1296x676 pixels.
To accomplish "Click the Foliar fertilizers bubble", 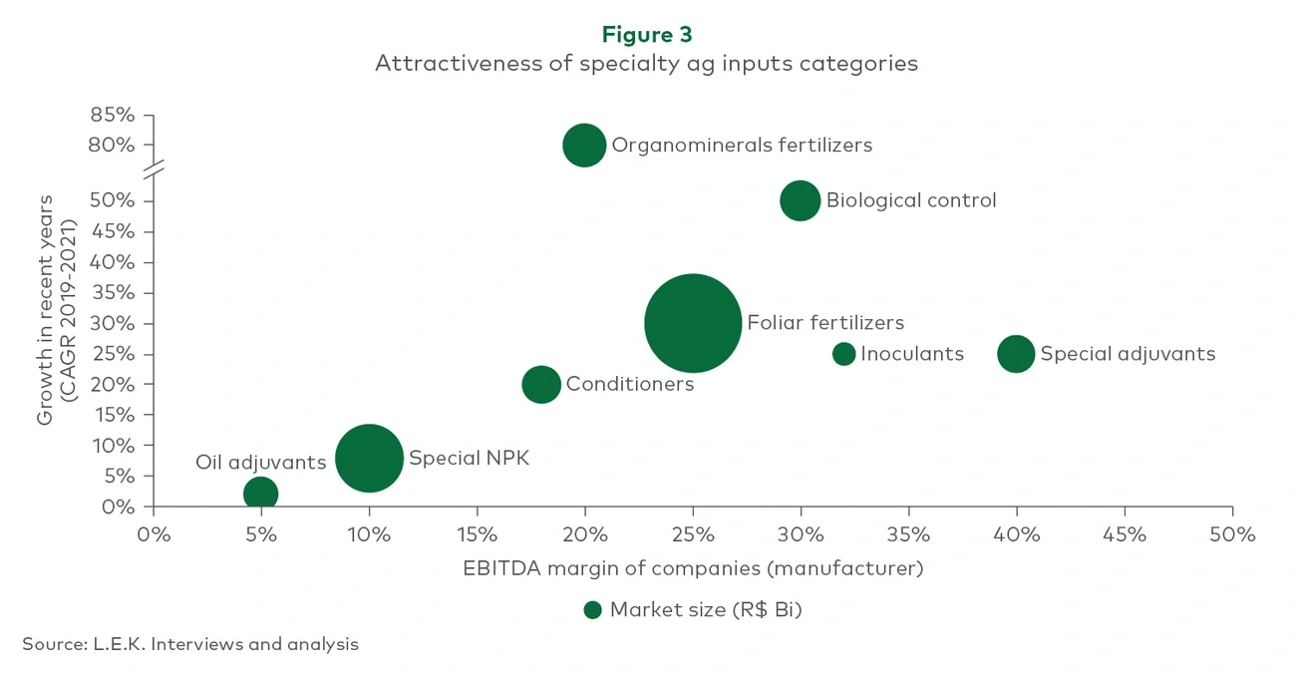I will coord(693,323).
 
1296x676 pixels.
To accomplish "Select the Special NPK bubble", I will coord(369,458).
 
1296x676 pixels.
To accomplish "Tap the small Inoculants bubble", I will coord(843,354).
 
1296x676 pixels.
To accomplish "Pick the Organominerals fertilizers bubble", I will coord(584,145).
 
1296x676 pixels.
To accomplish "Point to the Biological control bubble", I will coord(800,200).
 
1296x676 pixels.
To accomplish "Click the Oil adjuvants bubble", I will coord(260,493).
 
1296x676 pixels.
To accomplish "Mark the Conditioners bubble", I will coord(541,384).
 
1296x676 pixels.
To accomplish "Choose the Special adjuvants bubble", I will coord(1016,354).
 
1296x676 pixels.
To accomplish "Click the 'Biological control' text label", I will coord(911,200).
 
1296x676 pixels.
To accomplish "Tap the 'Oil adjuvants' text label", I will coord(260,463).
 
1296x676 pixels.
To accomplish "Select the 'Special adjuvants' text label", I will coord(1128,354).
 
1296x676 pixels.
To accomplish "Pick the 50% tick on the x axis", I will coord(1232,534).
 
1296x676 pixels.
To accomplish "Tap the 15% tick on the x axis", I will coord(477,534).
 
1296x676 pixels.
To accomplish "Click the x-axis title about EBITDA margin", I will coord(693,568).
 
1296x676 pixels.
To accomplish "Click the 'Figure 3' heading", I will coord(647,34).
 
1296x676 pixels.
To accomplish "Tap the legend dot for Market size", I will coord(592,610).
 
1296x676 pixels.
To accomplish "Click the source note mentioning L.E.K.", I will coord(190,644).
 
